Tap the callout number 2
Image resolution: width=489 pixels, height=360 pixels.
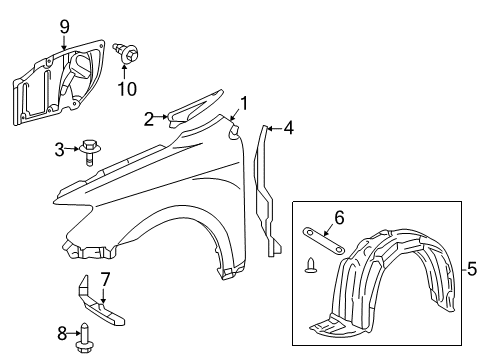click(x=149, y=119)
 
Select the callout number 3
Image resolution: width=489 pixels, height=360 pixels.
click(x=59, y=150)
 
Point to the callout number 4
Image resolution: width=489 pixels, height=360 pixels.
click(x=289, y=127)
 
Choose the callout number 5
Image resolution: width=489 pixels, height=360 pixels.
click(x=472, y=268)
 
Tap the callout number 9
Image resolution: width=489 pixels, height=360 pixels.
click(x=64, y=25)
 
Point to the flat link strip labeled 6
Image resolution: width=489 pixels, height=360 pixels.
click(x=323, y=240)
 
